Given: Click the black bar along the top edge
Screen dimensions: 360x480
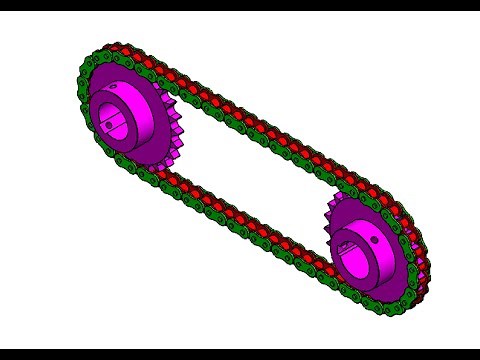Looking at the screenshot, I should coord(240,5).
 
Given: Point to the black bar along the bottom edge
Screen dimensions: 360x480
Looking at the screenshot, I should coord(240,354).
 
